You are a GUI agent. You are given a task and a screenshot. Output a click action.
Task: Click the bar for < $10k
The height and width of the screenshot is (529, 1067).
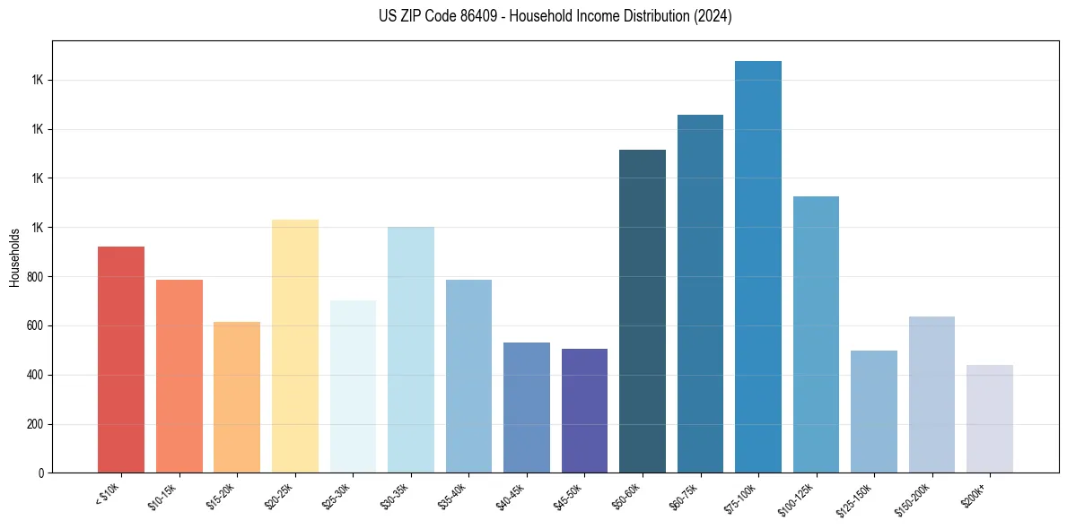pyautogui.click(x=121, y=359)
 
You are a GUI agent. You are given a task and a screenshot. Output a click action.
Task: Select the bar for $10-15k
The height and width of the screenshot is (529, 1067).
pyautogui.click(x=179, y=377)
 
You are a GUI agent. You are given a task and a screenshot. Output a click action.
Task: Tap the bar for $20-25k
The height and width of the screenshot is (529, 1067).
pyautogui.click(x=295, y=345)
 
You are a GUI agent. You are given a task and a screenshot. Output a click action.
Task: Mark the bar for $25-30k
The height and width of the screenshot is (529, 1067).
pyautogui.click(x=353, y=386)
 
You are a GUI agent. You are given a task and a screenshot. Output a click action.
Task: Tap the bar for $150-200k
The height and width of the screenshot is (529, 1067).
pyautogui.click(x=931, y=395)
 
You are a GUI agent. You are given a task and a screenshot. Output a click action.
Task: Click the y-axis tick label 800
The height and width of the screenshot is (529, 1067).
pyautogui.click(x=35, y=277)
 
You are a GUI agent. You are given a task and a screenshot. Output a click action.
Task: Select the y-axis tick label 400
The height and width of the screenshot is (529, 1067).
pyautogui.click(x=35, y=375)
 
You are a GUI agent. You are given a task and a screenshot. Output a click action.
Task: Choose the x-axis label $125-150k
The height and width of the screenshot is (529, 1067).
pyautogui.click(x=854, y=499)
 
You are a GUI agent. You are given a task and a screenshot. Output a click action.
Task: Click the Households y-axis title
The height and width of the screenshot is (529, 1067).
pyautogui.click(x=14, y=257)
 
